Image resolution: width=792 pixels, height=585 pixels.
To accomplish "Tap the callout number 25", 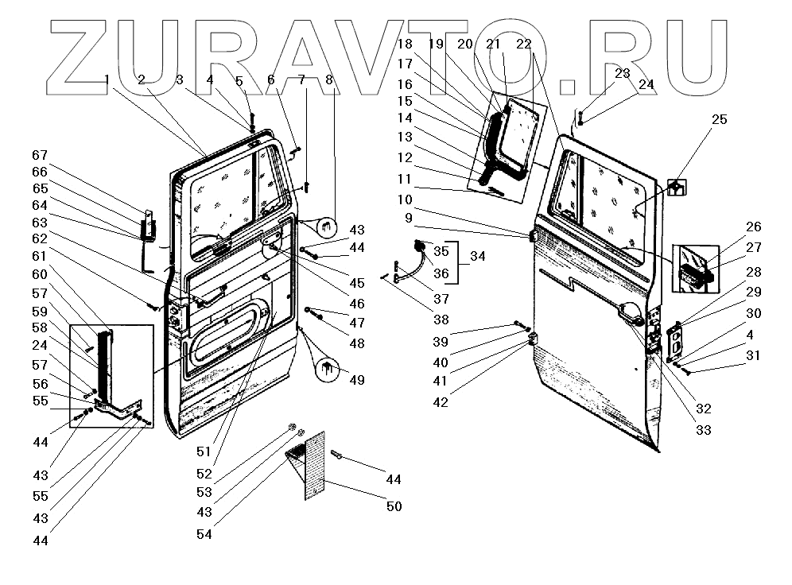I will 719,119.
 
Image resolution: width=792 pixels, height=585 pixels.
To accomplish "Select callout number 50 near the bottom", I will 394,506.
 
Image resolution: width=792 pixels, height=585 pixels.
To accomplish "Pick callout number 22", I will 523,45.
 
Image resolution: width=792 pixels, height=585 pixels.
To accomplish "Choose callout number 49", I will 357,380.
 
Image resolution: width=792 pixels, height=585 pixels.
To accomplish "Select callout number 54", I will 205,534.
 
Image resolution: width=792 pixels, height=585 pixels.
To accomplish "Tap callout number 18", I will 405,45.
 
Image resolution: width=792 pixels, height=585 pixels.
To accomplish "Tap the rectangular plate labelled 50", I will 322,465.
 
